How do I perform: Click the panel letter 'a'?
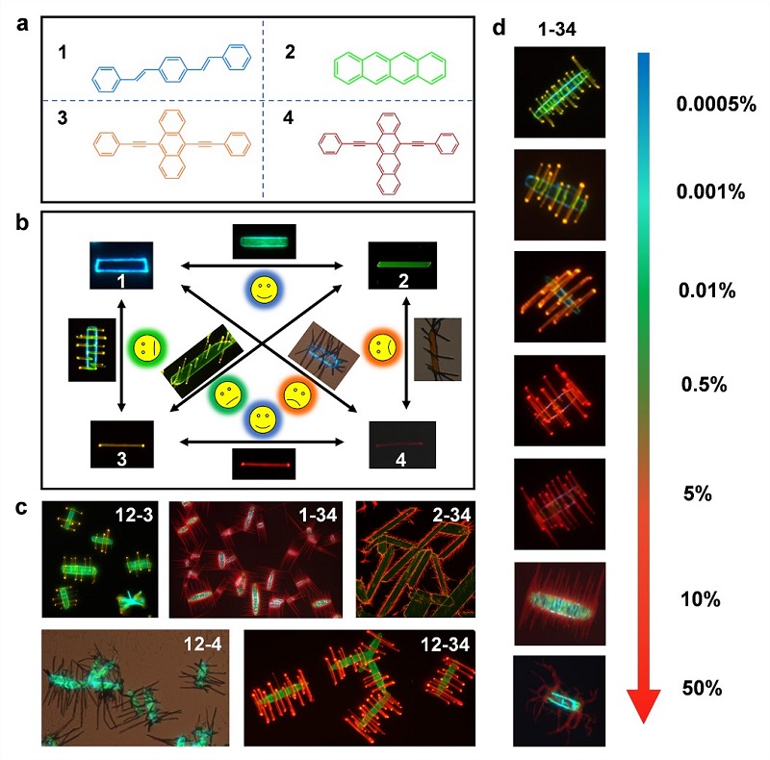[22, 24]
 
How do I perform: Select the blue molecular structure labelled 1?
[172, 67]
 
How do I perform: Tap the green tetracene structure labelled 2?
[390, 67]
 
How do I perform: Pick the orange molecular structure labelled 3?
[172, 144]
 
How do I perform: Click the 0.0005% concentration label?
[716, 104]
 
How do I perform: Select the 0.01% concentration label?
[707, 291]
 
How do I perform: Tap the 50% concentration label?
[702, 688]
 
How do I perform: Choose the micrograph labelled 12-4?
[135, 688]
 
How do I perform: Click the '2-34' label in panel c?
[451, 515]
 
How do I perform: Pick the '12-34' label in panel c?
[445, 645]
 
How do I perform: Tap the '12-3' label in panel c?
[134, 515]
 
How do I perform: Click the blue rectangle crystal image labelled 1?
[121, 266]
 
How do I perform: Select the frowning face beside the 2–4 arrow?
[383, 347]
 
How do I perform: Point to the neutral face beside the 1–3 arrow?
[148, 347]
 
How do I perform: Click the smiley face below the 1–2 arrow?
[264, 290]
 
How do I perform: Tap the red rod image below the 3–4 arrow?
[264, 464]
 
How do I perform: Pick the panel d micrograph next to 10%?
[559, 603]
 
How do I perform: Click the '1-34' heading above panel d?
[557, 30]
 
